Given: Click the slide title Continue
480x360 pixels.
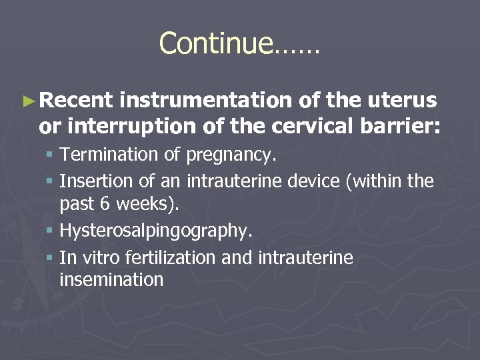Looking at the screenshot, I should [239, 43].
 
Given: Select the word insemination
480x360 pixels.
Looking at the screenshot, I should [111, 280].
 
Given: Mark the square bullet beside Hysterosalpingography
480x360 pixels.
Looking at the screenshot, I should [51, 231].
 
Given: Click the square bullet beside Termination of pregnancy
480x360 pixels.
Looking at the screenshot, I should [51, 155].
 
